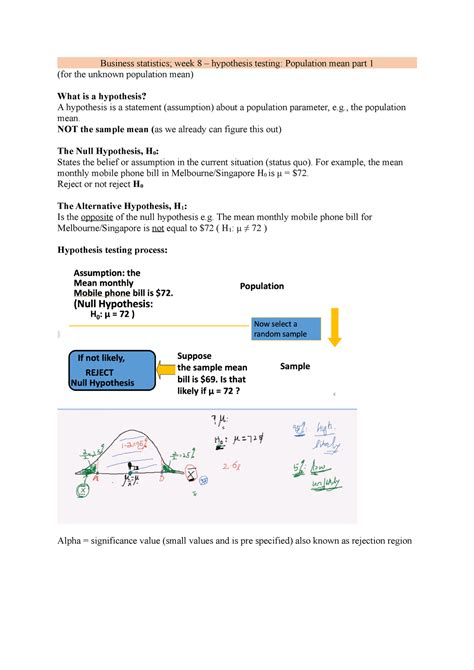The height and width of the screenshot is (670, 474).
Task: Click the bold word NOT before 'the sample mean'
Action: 74,131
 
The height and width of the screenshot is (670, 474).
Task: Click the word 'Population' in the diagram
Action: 261,286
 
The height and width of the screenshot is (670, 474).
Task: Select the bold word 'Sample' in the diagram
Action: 295,367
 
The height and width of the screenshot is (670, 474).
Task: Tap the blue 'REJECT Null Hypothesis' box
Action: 107,370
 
